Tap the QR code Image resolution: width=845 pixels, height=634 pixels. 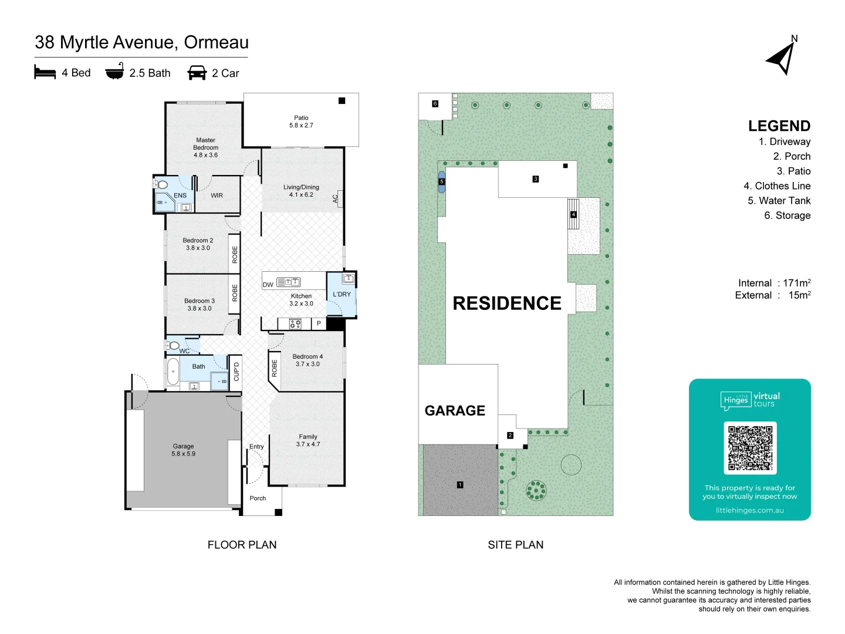tap(750, 448)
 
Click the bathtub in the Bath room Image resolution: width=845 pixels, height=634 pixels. tap(173, 372)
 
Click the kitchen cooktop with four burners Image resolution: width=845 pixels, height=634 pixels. tap(295, 323)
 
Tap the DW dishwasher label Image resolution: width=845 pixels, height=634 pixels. tap(268, 285)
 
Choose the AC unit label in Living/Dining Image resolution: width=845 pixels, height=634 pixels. tap(335, 198)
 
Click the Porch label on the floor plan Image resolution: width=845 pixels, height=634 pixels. tap(258, 498)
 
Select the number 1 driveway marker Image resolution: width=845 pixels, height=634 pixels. tap(459, 485)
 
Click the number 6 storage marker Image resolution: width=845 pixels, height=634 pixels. tap(435, 103)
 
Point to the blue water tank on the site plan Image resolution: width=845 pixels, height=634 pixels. tap(441, 182)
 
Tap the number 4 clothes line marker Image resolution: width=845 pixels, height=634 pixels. tap(573, 214)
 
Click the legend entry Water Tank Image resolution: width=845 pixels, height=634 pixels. tap(779, 201)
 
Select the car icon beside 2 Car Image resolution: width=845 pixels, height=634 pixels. tap(197, 72)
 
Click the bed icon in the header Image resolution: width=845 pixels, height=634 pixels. tap(45, 72)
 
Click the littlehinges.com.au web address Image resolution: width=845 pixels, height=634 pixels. tap(749, 510)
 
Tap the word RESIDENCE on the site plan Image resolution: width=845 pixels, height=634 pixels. tap(506, 303)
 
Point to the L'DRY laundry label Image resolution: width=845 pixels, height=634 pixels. tap(342, 294)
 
